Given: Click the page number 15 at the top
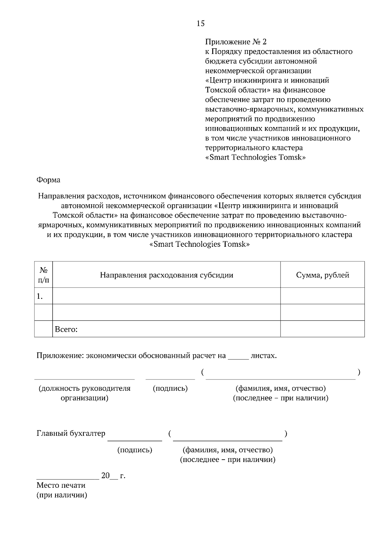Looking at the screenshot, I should (x=201, y=23).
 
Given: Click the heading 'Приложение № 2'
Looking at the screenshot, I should (x=236, y=42).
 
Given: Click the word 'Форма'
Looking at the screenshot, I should (x=48, y=180).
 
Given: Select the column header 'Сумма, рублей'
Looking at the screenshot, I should (x=322, y=275).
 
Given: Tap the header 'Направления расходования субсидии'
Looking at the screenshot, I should (x=166, y=275).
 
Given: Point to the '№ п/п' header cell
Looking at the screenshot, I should (x=43, y=275).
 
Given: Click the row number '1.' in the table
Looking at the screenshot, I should (x=40, y=297).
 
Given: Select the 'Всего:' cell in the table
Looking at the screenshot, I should (x=66, y=329).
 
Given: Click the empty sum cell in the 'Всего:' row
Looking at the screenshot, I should (x=322, y=329).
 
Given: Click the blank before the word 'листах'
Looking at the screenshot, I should (x=238, y=358).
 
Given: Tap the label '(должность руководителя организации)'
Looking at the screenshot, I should (x=85, y=393).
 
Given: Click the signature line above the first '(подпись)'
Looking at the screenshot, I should (x=170, y=379).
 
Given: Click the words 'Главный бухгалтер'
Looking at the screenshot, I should (x=71, y=433).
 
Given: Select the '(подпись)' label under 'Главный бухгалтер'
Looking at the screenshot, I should (x=135, y=450).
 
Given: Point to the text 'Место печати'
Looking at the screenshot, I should (x=61, y=486).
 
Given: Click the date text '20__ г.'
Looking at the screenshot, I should (x=113, y=476).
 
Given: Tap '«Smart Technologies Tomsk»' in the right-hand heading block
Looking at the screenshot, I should (x=255, y=157).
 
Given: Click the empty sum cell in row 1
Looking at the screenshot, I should (x=322, y=296).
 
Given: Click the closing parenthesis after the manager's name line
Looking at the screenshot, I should (x=359, y=372).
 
